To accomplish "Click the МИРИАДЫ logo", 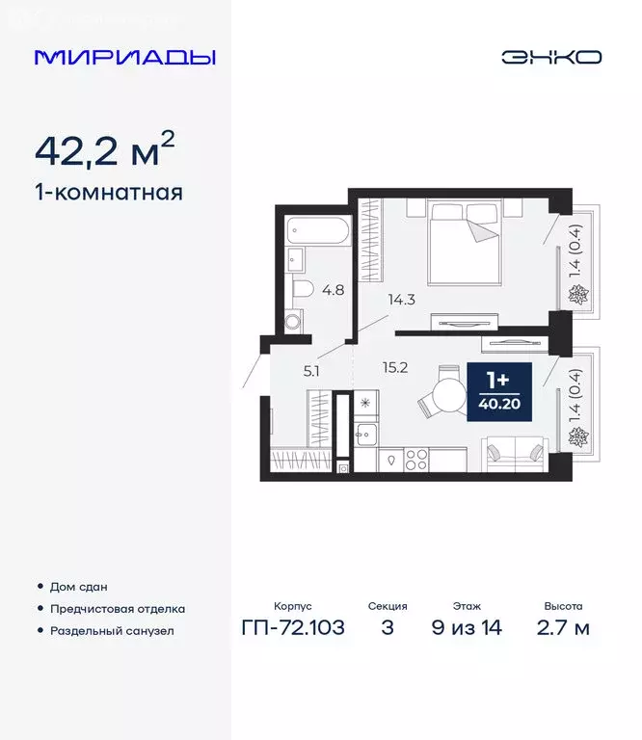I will click(124, 57).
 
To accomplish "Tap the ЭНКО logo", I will click(550, 57).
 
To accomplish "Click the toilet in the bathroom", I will click(303, 288).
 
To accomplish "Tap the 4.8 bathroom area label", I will click(333, 288).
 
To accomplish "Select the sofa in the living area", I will click(516, 451).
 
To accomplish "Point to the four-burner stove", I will click(415, 461).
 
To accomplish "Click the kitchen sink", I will click(367, 436).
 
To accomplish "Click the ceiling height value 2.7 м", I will click(562, 628).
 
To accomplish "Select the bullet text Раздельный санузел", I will click(113, 631).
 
